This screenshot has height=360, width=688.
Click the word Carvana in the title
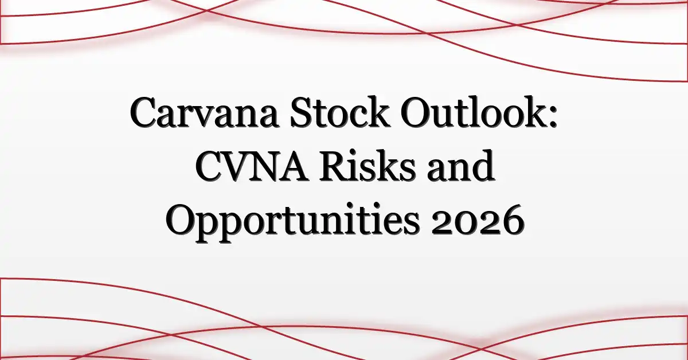(x=204, y=113)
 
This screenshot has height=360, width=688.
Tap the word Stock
(x=340, y=111)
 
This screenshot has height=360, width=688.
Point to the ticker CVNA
(x=251, y=166)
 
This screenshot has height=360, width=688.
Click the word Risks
(x=367, y=165)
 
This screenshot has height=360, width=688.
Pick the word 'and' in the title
(x=460, y=165)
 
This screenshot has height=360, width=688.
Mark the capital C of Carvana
(x=144, y=113)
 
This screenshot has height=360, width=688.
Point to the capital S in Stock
(x=302, y=113)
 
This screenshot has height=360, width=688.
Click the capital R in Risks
(x=334, y=166)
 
